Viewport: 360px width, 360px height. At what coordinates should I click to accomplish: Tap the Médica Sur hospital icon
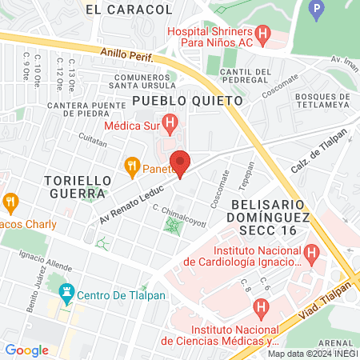[169, 123]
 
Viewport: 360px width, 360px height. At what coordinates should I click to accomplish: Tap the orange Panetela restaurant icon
[132, 167]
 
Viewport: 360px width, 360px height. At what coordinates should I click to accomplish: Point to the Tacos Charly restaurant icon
[10, 202]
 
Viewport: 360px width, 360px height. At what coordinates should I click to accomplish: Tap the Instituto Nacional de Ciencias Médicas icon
[261, 307]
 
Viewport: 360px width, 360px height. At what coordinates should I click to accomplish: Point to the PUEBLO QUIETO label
[187, 101]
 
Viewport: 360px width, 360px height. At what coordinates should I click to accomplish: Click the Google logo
[26, 350]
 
